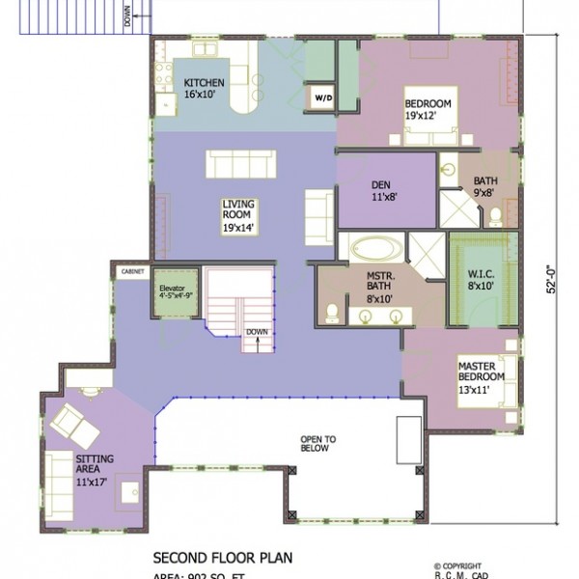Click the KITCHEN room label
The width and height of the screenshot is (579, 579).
[x=204, y=90]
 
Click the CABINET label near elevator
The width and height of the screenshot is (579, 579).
[x=131, y=273]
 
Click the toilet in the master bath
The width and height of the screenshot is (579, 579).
[x=332, y=311]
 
